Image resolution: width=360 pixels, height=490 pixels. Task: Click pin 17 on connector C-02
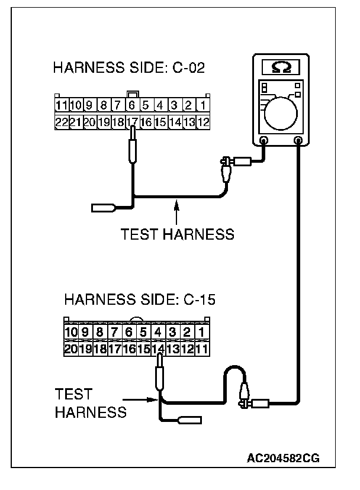[x=132, y=122]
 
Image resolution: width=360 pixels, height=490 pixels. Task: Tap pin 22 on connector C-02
[x=60, y=122]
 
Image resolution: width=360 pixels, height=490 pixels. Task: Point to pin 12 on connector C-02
[x=202, y=122]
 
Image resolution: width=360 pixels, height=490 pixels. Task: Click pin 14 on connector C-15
[x=158, y=349]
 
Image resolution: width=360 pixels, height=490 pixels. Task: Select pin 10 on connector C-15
[x=71, y=333]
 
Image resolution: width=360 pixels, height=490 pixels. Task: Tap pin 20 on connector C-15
[x=71, y=349]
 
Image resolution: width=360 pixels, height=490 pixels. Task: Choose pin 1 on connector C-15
[x=202, y=333]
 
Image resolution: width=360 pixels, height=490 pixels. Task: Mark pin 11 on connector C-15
[x=202, y=349]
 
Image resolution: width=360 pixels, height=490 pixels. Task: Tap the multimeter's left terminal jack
[x=265, y=141]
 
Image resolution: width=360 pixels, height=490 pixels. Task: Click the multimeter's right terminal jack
[x=299, y=141]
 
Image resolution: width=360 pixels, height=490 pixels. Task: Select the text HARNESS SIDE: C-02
[x=129, y=67]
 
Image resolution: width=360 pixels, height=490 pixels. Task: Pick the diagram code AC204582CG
[x=283, y=459]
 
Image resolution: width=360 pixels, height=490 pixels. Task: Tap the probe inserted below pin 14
[x=159, y=376]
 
